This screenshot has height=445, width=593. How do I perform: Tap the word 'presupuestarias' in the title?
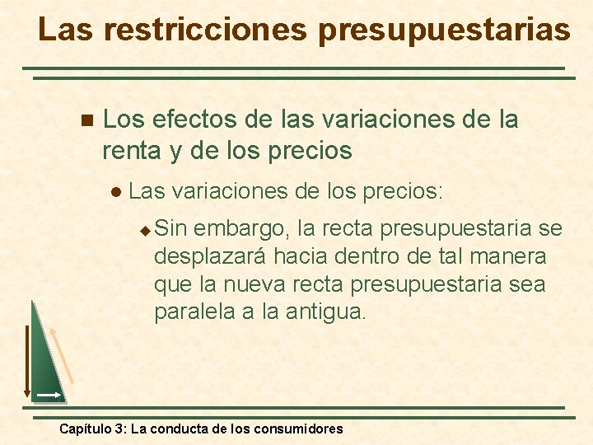click(443, 30)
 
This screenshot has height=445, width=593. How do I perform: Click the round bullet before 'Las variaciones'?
click(117, 193)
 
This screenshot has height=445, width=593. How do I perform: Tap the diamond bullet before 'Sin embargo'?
click(145, 228)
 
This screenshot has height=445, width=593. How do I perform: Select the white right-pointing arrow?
click(49, 396)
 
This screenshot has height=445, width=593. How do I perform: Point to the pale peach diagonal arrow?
click(62, 354)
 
